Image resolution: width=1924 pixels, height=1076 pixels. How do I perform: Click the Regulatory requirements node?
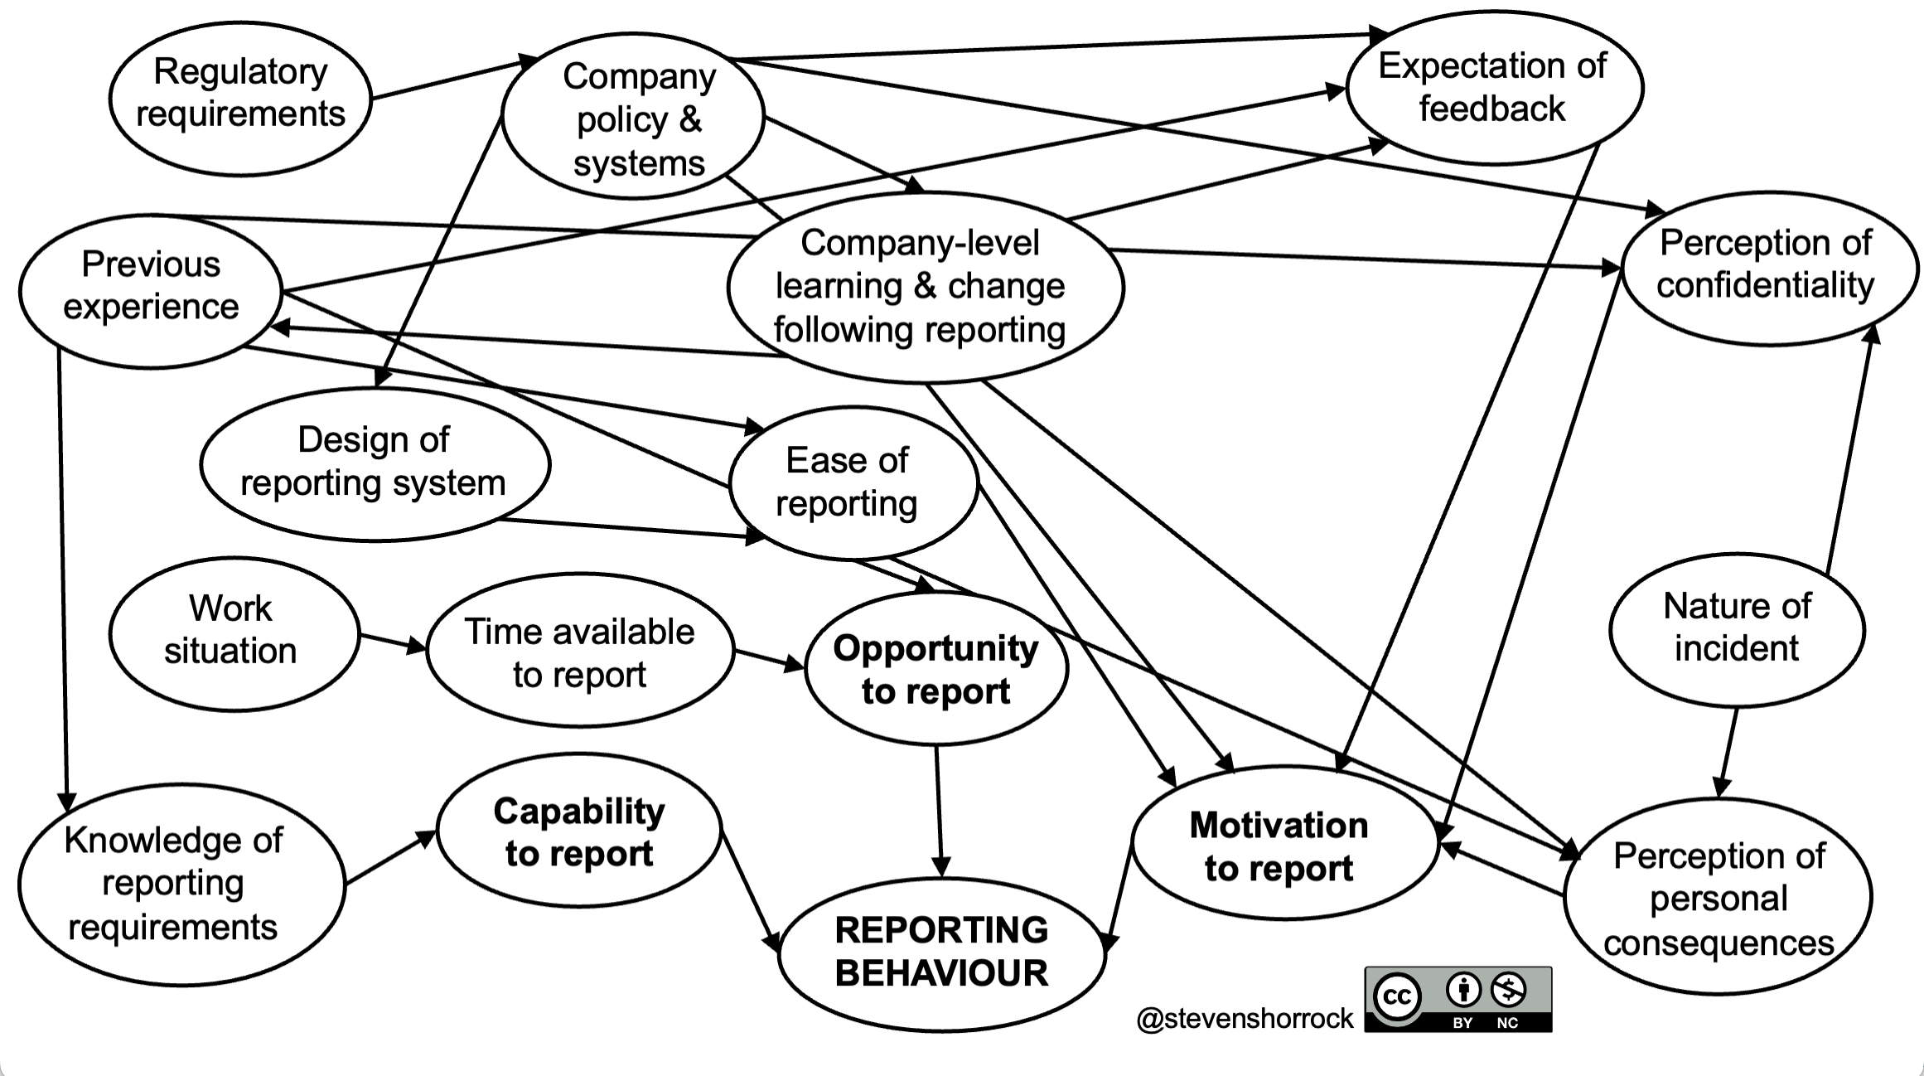pyautogui.click(x=240, y=98)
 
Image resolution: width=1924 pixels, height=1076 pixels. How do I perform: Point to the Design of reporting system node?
pyautogui.click(x=375, y=463)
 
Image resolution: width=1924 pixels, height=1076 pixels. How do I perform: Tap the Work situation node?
pyautogui.click(x=233, y=633)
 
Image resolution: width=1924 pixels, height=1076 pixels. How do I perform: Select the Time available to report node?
pyautogui.click(x=579, y=651)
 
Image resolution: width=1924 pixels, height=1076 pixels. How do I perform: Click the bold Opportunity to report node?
pyautogui.click(x=935, y=668)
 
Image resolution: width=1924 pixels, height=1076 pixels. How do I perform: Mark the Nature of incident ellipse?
pyautogui.click(x=1736, y=629)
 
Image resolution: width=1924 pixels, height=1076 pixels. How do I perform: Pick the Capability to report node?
pyautogui.click(x=578, y=831)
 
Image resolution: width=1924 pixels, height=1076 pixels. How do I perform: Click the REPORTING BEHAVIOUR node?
pyautogui.click(x=941, y=953)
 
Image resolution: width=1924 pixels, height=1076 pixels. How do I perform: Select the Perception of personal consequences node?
pyautogui.click(x=1718, y=897)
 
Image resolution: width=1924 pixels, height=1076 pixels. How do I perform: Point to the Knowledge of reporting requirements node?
pyautogui.click(x=180, y=884)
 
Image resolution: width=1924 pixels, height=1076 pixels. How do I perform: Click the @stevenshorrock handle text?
pyautogui.click(x=1245, y=1017)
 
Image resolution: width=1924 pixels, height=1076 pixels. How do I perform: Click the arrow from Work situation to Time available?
pyautogui.click(x=392, y=642)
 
